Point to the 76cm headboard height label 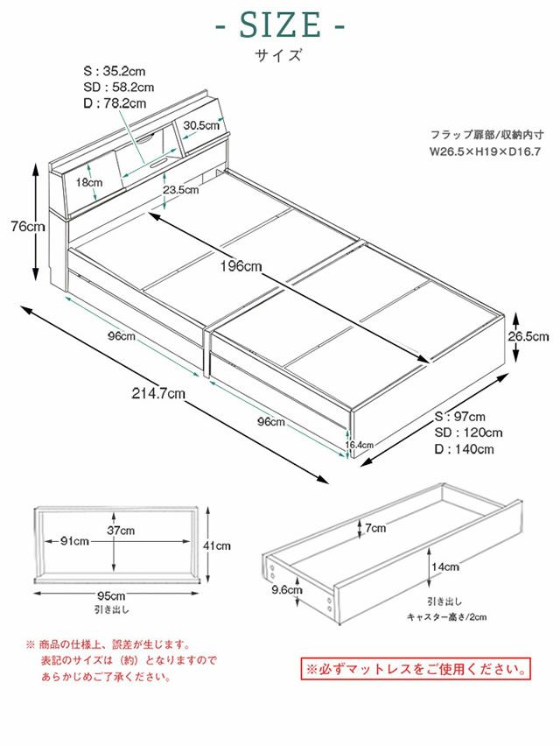[23, 227]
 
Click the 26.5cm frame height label [529, 336]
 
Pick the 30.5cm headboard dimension [201, 125]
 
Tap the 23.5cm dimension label [179, 189]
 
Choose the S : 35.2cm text [115, 72]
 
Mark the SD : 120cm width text [468, 433]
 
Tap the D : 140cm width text [465, 449]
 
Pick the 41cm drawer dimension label [216, 545]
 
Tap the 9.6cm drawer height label [287, 590]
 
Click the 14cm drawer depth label [445, 567]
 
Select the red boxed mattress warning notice [416, 670]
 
